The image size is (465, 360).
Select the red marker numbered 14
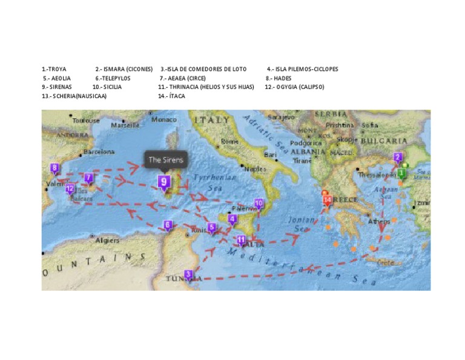[x=328, y=199]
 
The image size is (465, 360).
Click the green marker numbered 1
[x=401, y=173]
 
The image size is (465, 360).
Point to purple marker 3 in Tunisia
[x=188, y=275]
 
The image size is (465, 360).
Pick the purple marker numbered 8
[x=54, y=168]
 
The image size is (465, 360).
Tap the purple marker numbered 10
[x=259, y=203]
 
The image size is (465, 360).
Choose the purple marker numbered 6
[x=167, y=225]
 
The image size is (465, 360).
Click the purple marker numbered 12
[x=70, y=188]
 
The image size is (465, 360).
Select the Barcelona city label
[x=99, y=152]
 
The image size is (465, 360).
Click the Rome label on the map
[x=230, y=141]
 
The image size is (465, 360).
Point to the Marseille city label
[x=125, y=125]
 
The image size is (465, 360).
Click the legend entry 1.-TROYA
[x=54, y=69]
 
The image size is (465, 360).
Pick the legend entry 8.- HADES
[x=279, y=78]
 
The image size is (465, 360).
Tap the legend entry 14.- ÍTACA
[x=171, y=96]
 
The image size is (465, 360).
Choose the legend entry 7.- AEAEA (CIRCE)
[x=182, y=78]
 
